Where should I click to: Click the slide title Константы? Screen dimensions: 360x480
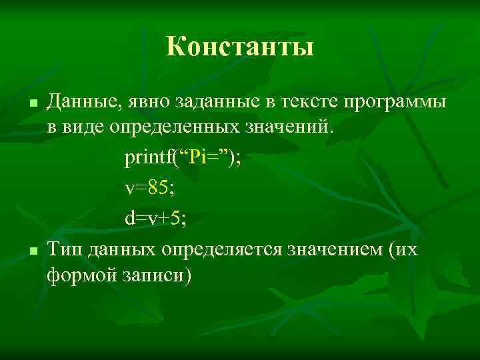tap(239, 47)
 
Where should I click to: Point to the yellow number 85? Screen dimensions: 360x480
tap(159, 189)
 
